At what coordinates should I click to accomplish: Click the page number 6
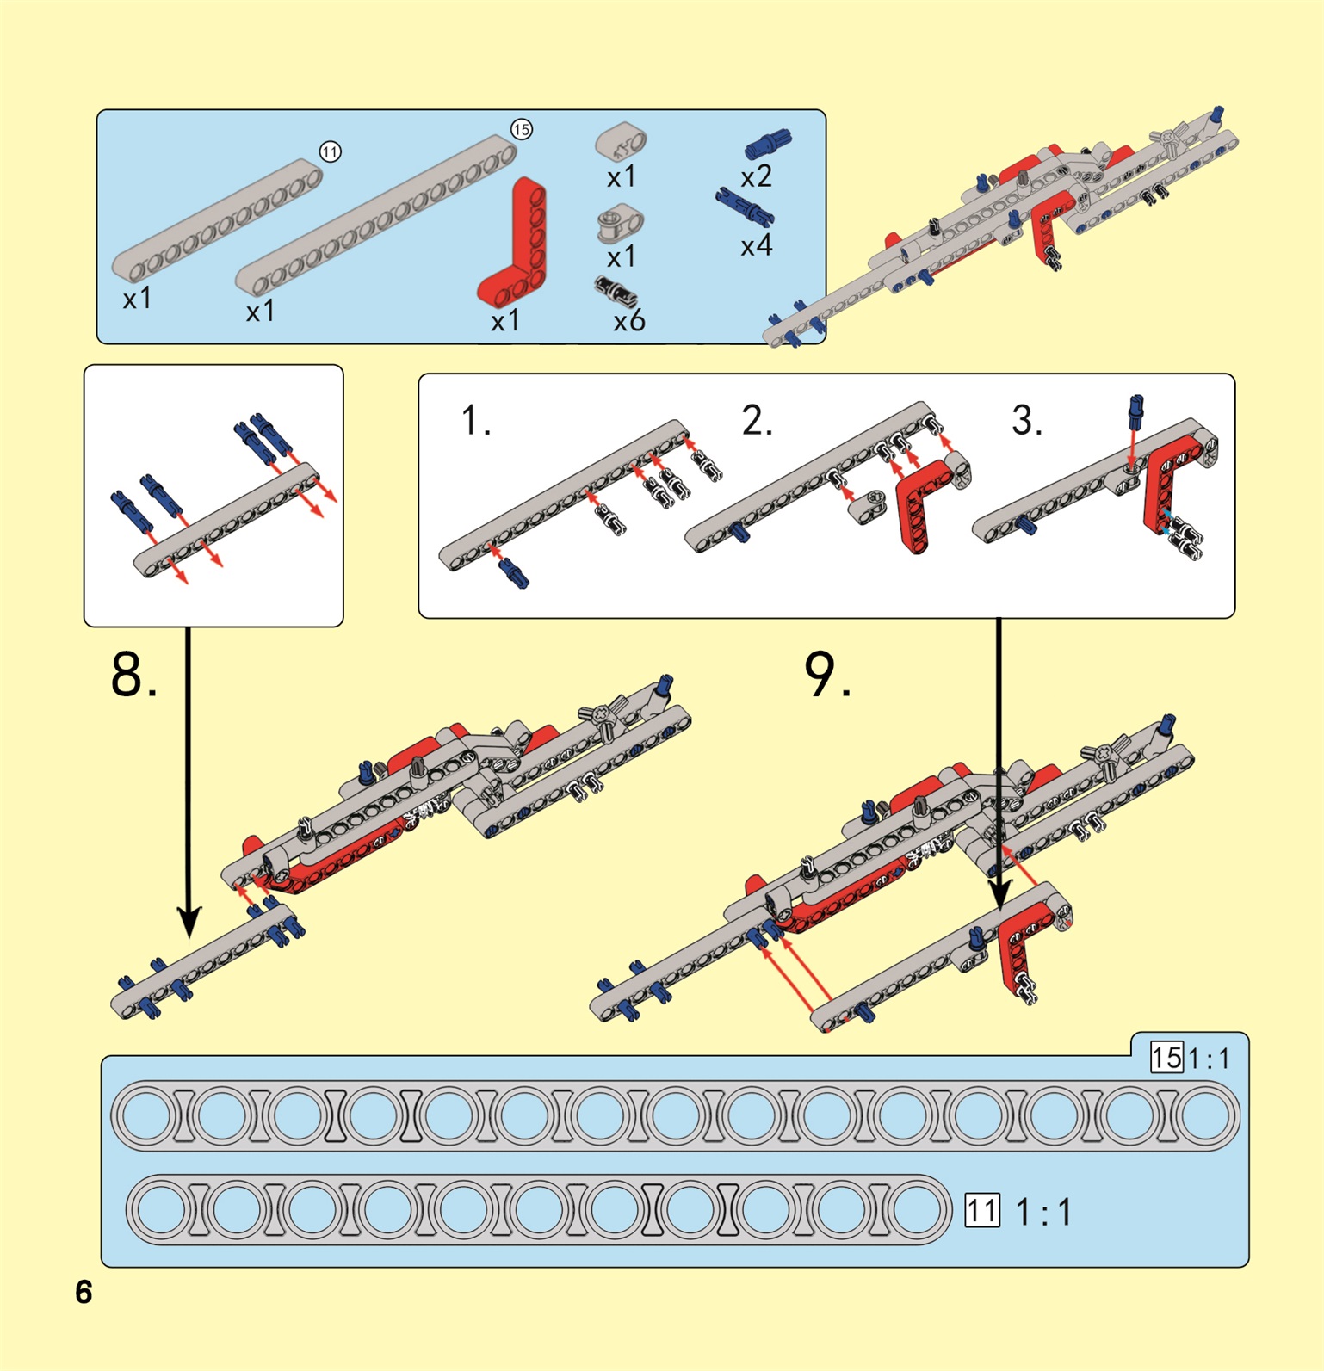[84, 1292]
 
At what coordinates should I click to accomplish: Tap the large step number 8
[133, 675]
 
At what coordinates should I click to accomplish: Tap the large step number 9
[827, 675]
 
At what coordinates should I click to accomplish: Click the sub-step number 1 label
[475, 421]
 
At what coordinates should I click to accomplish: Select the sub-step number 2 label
[757, 421]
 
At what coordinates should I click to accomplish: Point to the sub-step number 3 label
[1027, 421]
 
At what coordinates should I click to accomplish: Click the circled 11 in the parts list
[331, 152]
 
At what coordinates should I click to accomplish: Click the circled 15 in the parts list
[522, 130]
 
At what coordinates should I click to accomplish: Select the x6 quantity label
[629, 321]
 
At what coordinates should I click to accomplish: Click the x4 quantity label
[756, 247]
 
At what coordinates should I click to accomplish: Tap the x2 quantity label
[756, 177]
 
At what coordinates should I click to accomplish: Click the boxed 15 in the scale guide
[1166, 1057]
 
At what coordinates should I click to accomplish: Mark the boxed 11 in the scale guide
[981, 1211]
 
